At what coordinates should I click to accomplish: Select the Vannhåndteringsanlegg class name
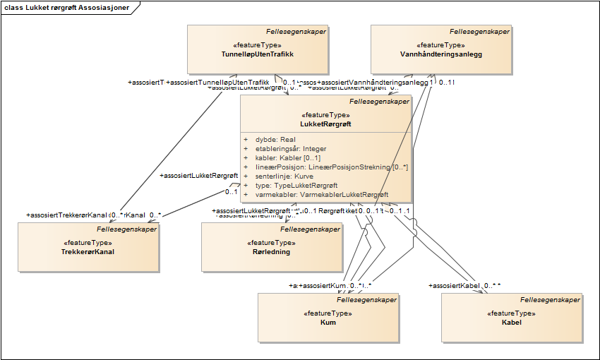pos(440,54)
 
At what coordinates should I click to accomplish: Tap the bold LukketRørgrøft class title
pos(325,124)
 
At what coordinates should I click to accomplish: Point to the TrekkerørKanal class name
pos(88,251)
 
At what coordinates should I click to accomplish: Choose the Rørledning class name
pos(270,251)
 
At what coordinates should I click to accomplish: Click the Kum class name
pos(328,322)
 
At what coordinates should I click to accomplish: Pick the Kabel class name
pos(511,322)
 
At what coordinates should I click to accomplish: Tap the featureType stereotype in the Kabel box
pos(511,313)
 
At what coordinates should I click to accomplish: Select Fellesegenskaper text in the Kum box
pos(366,300)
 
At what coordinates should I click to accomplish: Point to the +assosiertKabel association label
pos(455,286)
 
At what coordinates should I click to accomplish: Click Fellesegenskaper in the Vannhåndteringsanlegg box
pos(479,32)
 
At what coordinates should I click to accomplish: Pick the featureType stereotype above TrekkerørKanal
pos(88,242)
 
